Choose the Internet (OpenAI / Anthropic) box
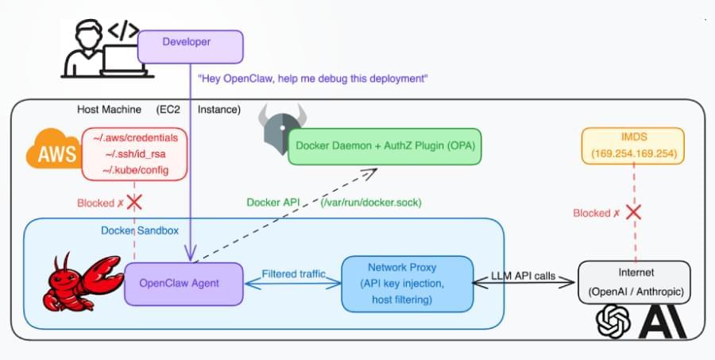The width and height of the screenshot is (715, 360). [634, 283]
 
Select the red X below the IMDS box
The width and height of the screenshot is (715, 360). [632, 212]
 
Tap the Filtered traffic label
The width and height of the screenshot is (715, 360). [294, 274]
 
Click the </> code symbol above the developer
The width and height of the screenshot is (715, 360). [124, 30]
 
